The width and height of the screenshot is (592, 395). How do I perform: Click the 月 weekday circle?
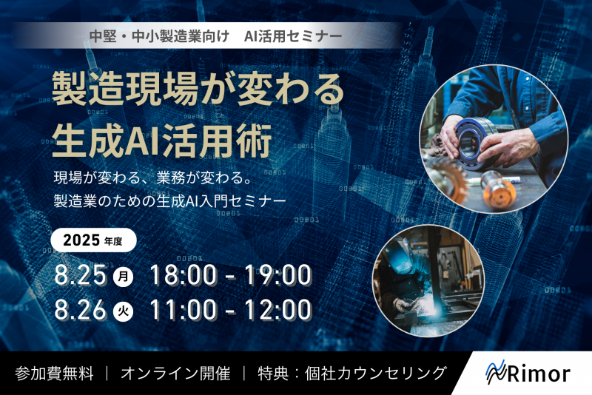point(124,277)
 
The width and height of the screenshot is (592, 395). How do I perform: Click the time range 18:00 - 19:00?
point(230,275)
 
